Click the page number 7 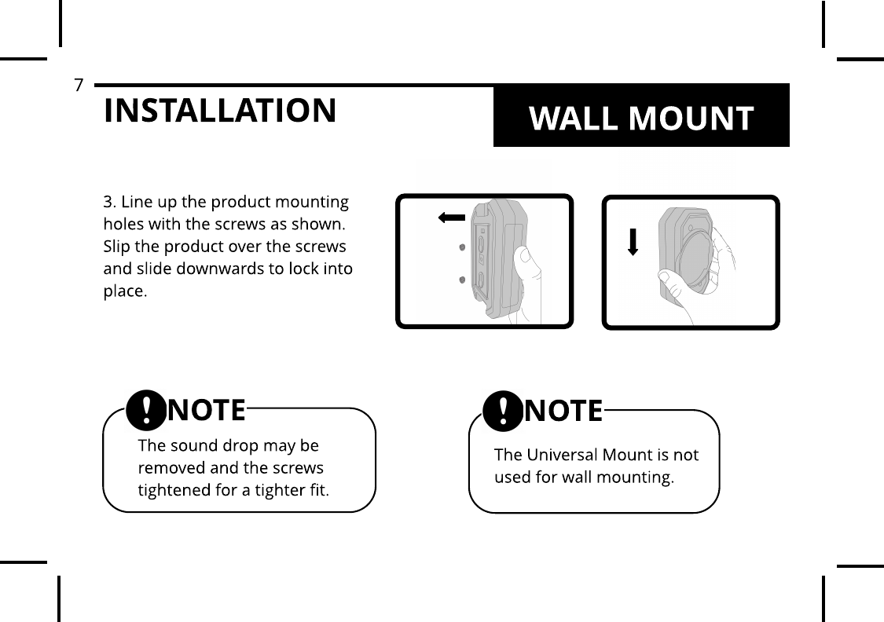click(x=78, y=85)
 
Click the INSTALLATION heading click(x=219, y=111)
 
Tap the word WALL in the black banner click(x=574, y=119)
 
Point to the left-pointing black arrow click(x=452, y=218)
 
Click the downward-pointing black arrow click(x=633, y=243)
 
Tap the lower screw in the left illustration click(x=462, y=280)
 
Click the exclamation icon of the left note click(x=146, y=410)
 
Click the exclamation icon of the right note click(x=503, y=412)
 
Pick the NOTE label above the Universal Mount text click(x=563, y=411)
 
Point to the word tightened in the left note click(x=172, y=491)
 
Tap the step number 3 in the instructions click(x=108, y=201)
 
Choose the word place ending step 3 click(x=123, y=292)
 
